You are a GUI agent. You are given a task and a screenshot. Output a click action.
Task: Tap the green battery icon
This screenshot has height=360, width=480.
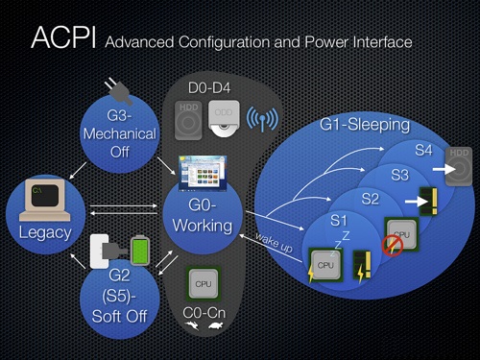141,251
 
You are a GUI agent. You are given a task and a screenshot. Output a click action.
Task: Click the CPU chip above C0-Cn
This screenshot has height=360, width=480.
204,284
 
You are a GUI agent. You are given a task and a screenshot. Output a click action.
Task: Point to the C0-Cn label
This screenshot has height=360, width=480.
204,313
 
